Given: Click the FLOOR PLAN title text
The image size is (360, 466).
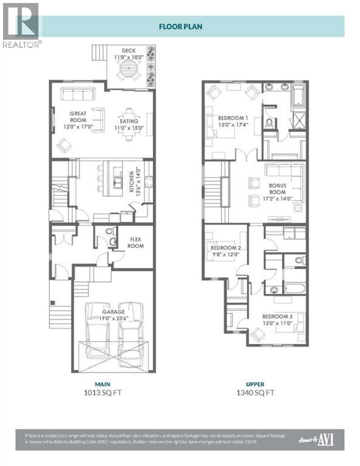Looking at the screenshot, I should tap(180, 26).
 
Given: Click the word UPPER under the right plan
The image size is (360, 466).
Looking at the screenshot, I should tap(254, 383).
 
